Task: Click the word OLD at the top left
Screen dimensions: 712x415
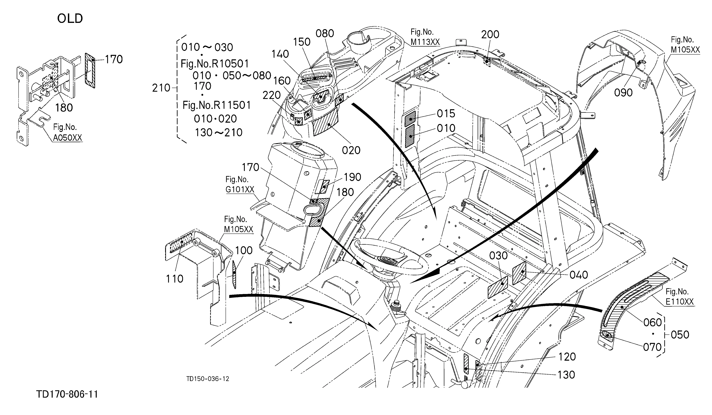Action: [70, 19]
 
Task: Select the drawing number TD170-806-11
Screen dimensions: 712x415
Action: [67, 394]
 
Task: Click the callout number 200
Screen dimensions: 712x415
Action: [490, 34]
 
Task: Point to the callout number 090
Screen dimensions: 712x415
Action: [623, 92]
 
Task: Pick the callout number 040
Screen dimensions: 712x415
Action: [579, 275]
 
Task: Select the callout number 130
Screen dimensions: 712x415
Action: [566, 375]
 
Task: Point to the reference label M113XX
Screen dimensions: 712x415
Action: [425, 42]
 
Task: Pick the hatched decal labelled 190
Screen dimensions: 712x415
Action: [322, 187]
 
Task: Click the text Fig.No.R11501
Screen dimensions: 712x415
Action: [217, 105]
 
